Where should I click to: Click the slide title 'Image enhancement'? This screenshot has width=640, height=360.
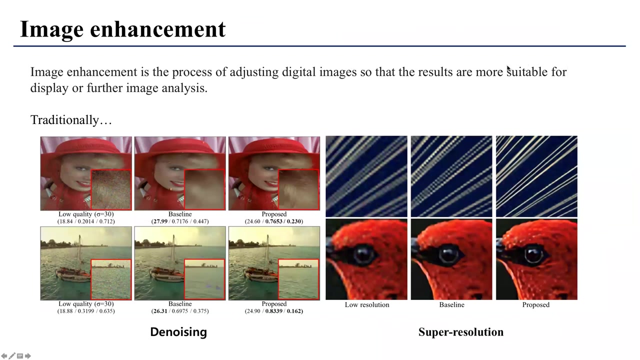point(122,29)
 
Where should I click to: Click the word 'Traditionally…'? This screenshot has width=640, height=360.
point(71,120)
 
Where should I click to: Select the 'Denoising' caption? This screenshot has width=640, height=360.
point(178,332)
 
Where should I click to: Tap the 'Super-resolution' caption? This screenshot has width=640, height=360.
point(460,332)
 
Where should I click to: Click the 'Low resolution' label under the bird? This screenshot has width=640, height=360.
point(366,304)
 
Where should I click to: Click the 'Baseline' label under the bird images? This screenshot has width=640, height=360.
point(451,304)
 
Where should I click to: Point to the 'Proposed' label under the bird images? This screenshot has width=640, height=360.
point(535,304)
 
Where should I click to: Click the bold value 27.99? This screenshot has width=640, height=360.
point(161,221)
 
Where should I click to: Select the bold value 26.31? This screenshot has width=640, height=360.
point(161,311)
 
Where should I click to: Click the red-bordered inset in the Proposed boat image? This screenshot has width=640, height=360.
point(298,279)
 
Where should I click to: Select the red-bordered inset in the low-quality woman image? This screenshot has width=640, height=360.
point(111,189)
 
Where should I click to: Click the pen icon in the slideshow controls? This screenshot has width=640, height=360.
point(12,356)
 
